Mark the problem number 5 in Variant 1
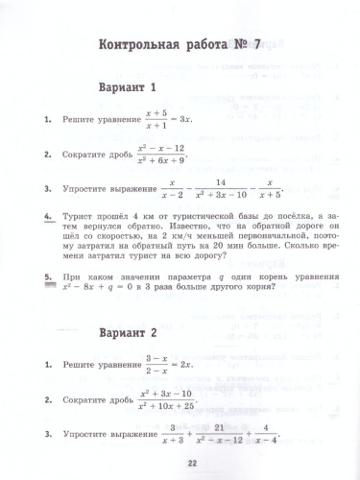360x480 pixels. point(47,275)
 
